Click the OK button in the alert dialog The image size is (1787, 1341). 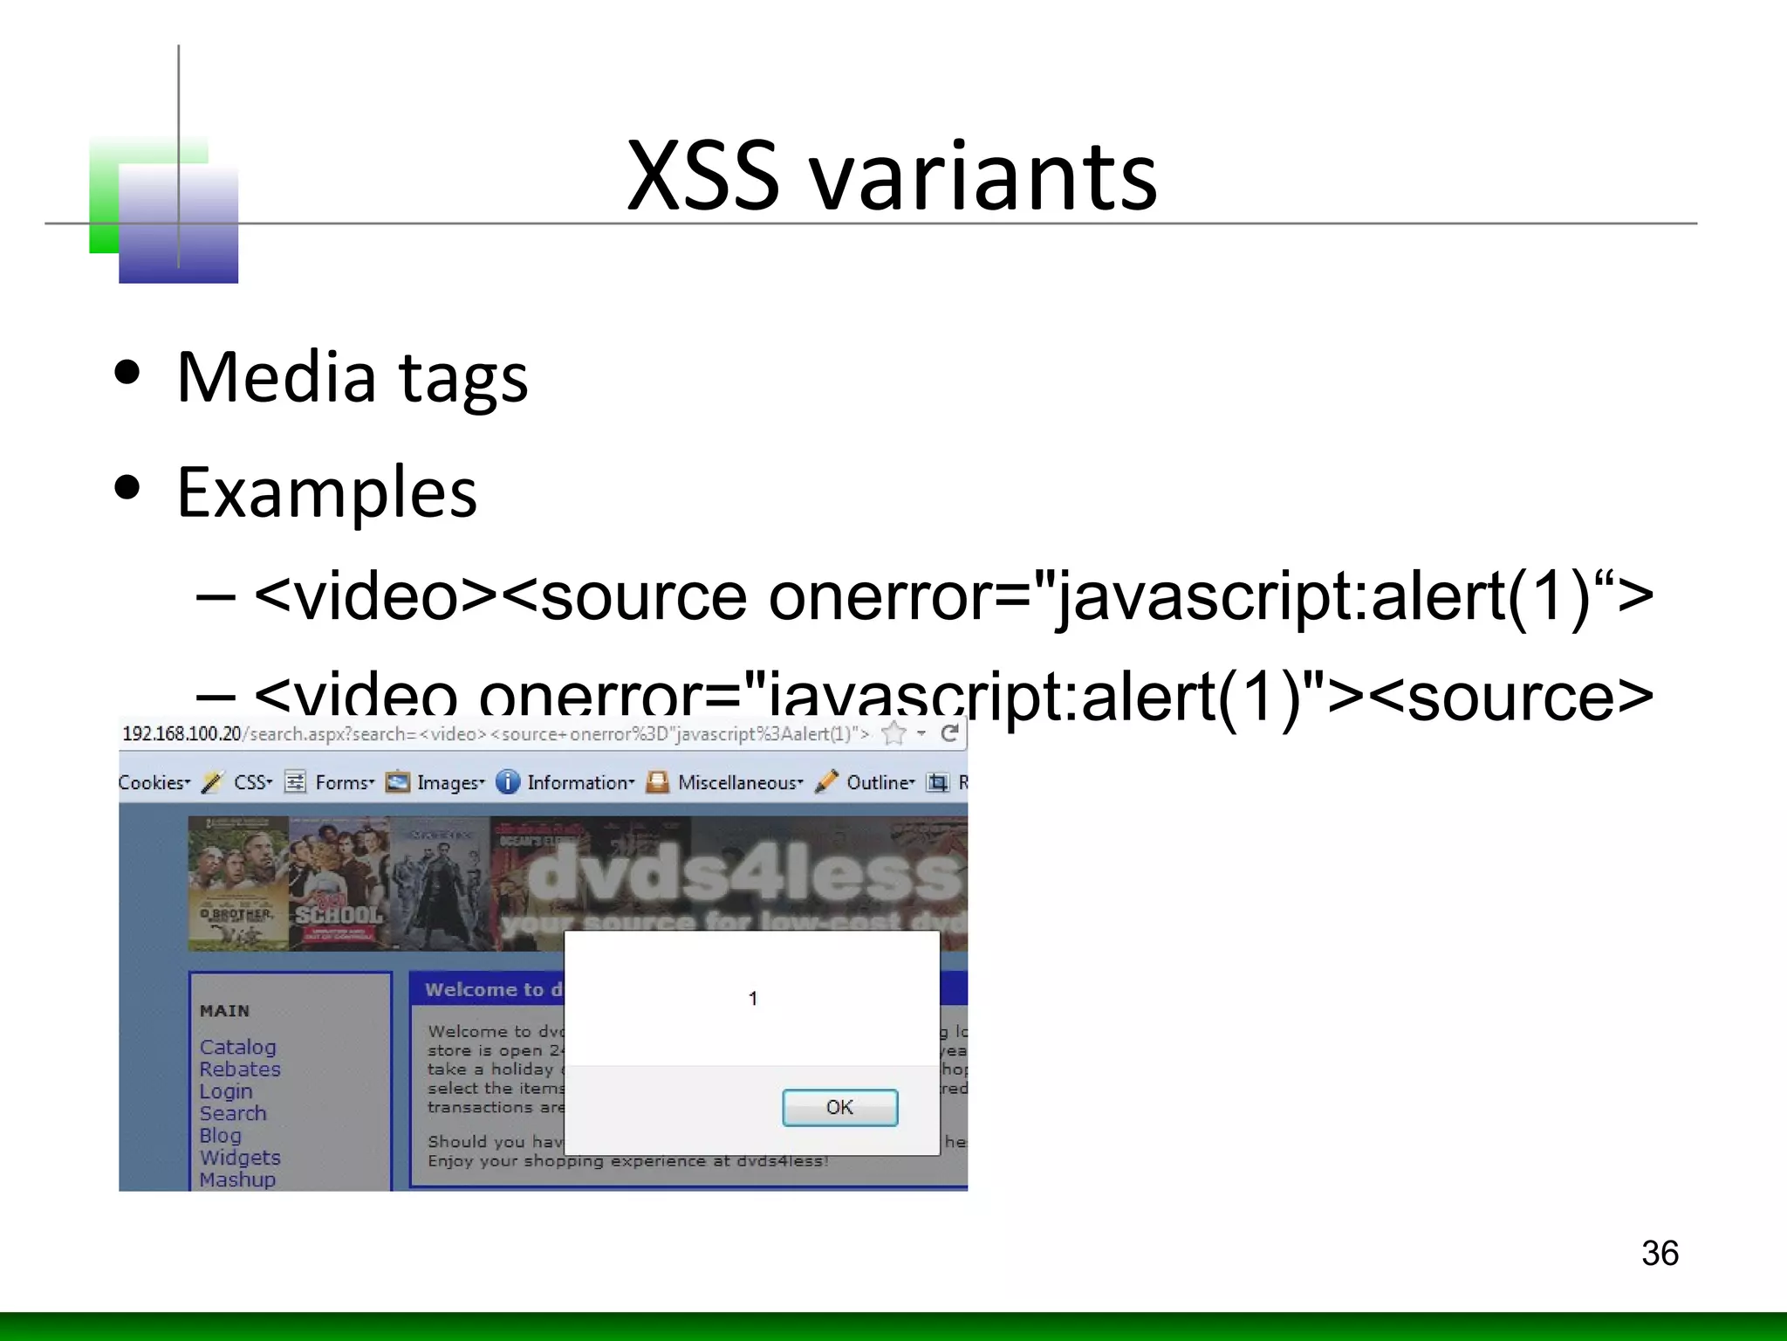(839, 1107)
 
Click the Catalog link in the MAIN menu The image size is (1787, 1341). (237, 1047)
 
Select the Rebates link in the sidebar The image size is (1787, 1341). (240, 1069)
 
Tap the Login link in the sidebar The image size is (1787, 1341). (226, 1091)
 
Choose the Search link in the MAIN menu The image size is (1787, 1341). (233, 1113)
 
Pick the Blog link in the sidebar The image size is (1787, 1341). (220, 1135)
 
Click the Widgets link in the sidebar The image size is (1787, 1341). (240, 1158)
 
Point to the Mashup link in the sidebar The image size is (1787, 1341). (237, 1179)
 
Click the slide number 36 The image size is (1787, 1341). (1660, 1253)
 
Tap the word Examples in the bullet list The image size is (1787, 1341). (327, 492)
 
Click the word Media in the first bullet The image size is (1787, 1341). (276, 377)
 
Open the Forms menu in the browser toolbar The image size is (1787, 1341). (344, 782)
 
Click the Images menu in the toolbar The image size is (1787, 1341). (449, 782)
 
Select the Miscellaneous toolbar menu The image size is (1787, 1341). (739, 782)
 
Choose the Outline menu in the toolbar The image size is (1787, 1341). (880, 782)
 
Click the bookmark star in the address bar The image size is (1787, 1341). (894, 733)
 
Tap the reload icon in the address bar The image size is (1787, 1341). (950, 733)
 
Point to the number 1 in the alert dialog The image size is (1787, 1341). (753, 998)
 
